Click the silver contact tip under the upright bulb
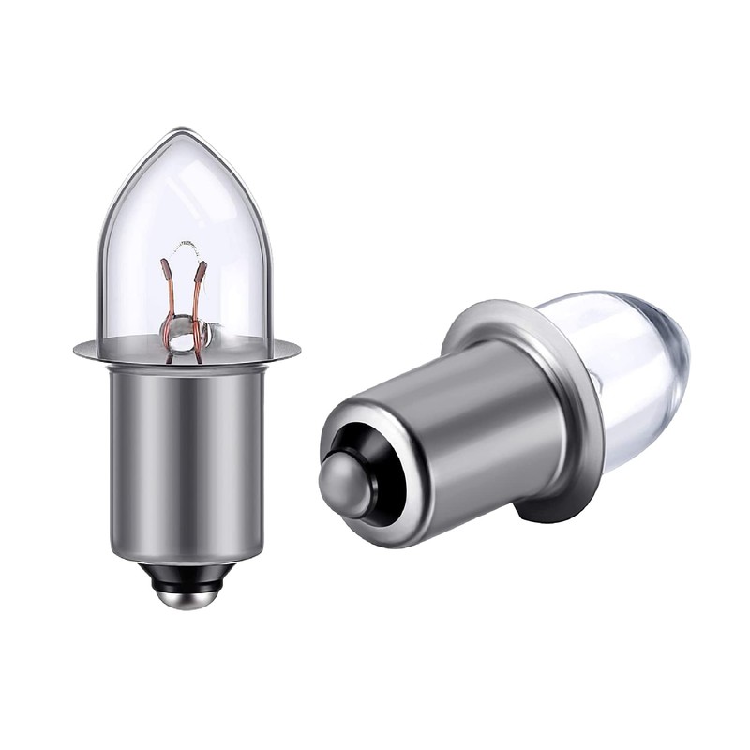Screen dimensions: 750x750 click(187, 595)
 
